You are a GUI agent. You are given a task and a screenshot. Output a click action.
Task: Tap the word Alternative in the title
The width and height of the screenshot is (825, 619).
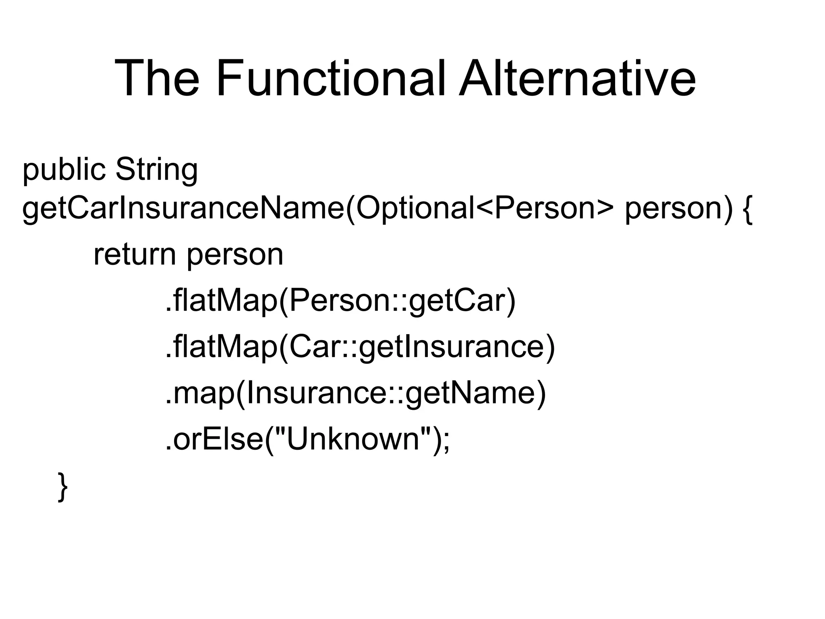tap(577, 79)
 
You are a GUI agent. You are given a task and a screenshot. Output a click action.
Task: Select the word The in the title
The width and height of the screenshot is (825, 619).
tap(157, 79)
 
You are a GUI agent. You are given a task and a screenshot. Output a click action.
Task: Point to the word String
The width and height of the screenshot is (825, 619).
tap(156, 170)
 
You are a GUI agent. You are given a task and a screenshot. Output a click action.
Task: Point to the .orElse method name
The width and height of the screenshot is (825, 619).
tap(214, 439)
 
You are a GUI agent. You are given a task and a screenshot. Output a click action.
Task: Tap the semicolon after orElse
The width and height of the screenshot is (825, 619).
tap(446, 441)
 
